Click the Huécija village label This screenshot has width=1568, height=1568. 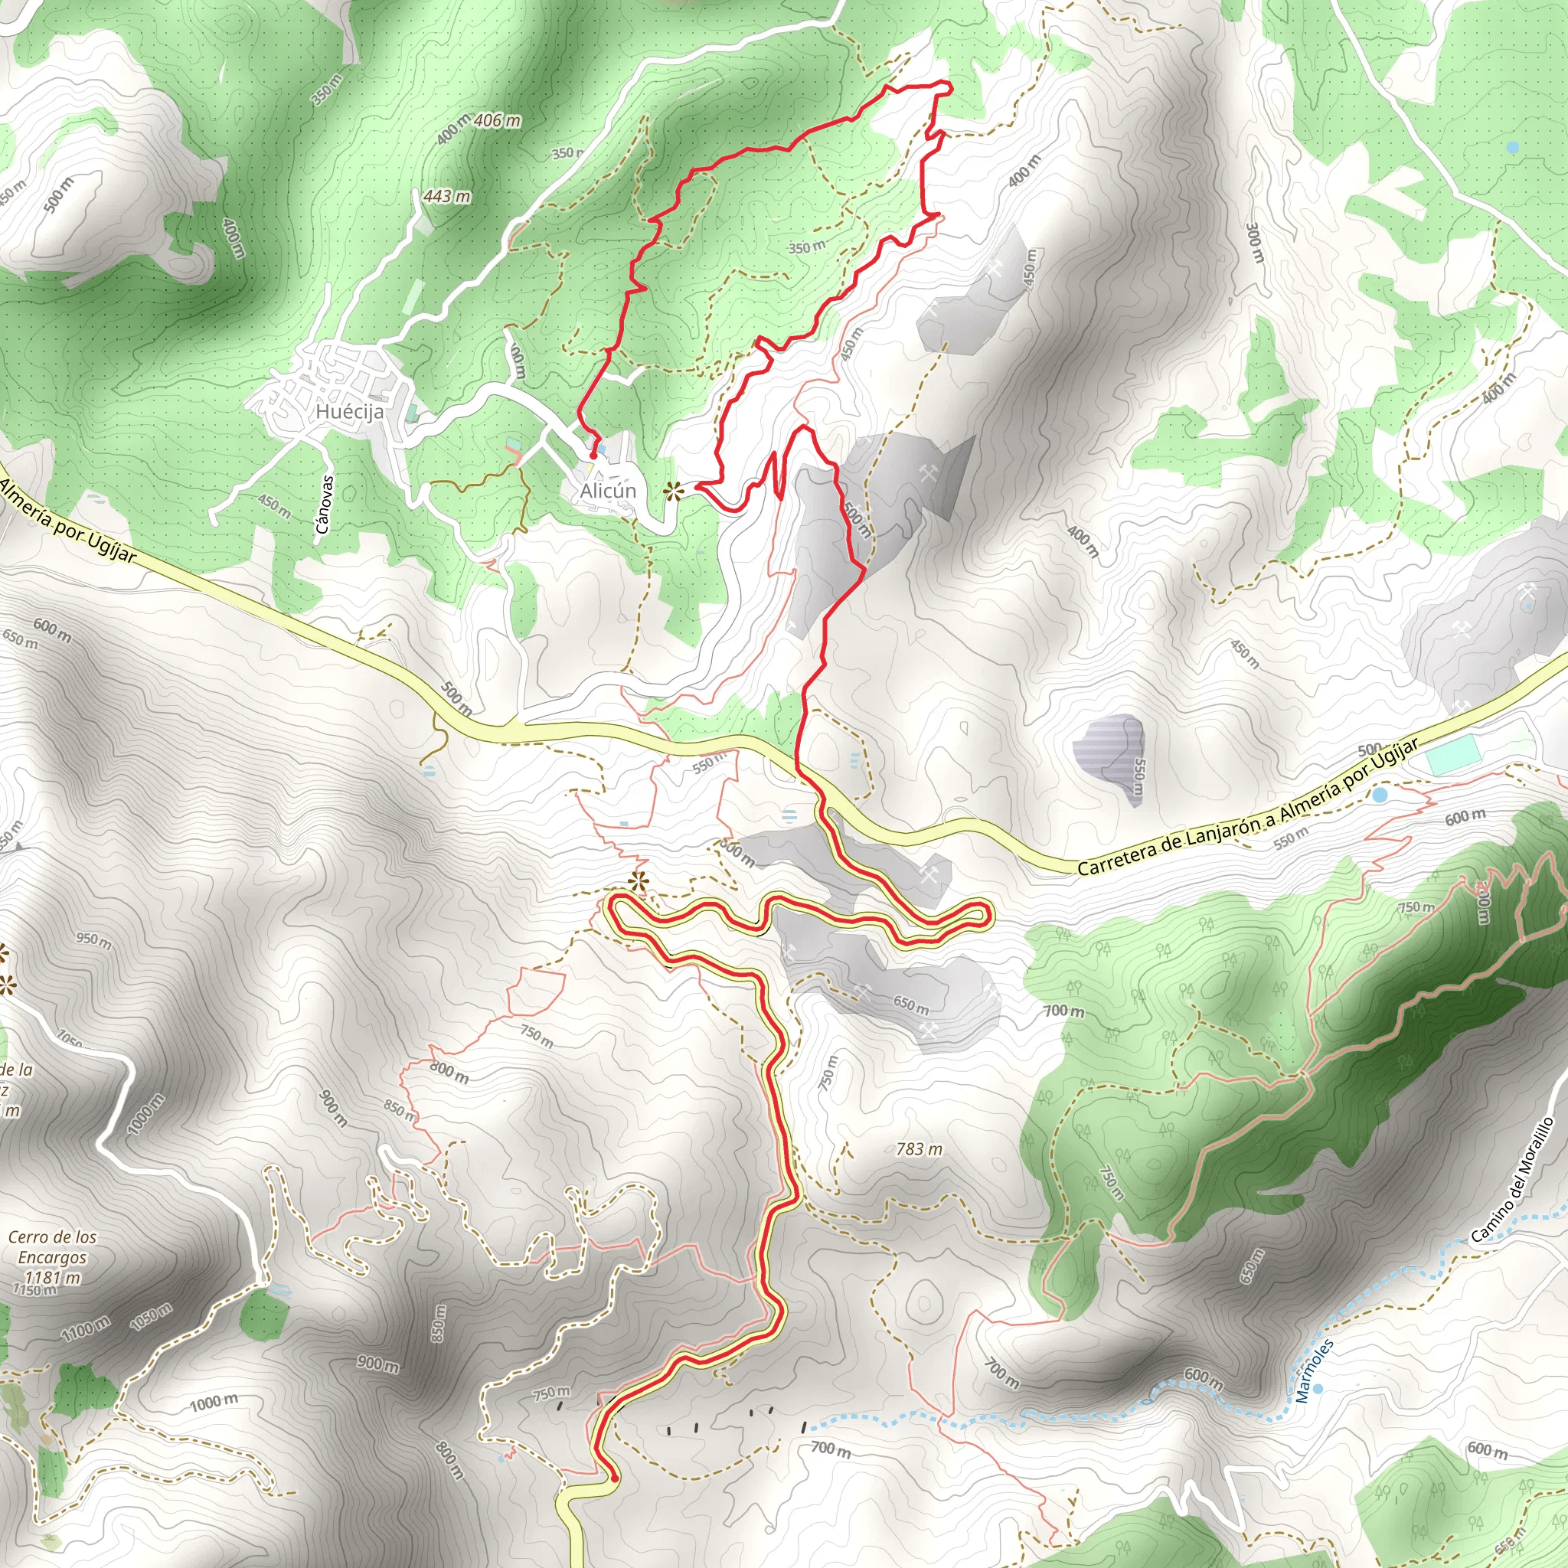[x=350, y=411]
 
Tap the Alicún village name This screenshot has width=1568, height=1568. [x=608, y=491]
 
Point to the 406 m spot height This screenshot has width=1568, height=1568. [x=497, y=121]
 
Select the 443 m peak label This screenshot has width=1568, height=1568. [x=446, y=197]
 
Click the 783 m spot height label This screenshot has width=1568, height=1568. [x=919, y=1149]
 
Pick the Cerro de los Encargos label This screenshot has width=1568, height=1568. [x=53, y=1247]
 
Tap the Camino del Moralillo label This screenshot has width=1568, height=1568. [x=1512, y=1180]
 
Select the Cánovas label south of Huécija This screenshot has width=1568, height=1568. [x=323, y=504]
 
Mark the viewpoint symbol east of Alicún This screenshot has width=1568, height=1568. [x=673, y=490]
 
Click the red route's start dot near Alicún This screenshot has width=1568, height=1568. [x=593, y=456]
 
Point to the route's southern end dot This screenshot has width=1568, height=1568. [x=613, y=1478]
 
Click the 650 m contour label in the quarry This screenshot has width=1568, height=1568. [x=910, y=1004]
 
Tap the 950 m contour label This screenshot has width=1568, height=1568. [x=94, y=940]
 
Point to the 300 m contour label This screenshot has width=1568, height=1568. [x=1254, y=242]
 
